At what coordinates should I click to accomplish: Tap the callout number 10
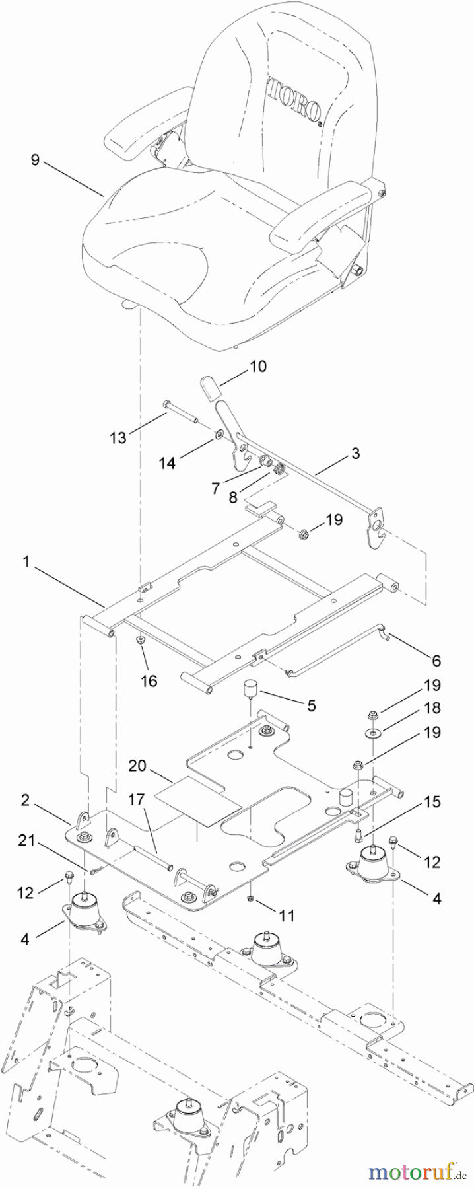[x=258, y=365]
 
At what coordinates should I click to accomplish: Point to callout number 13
[x=118, y=437]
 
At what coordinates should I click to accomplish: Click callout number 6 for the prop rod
[x=436, y=660]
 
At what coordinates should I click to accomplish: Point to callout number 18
[x=433, y=708]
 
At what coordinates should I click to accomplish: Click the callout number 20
[x=137, y=766]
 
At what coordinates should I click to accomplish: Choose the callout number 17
[x=136, y=799]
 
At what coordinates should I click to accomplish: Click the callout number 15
[x=432, y=802]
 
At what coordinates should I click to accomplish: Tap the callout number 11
[x=287, y=916]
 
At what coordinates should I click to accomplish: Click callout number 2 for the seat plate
[x=24, y=801]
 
